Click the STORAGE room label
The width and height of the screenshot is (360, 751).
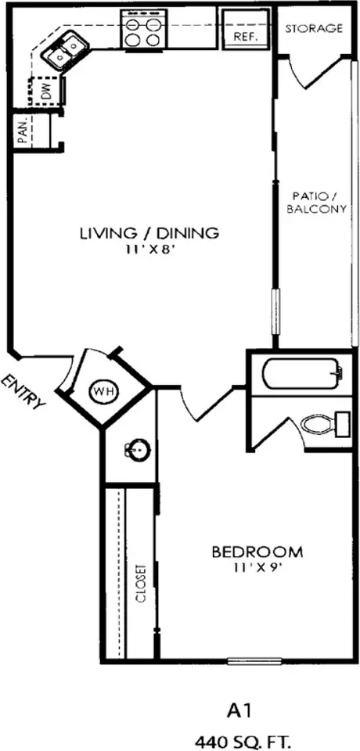pos(314,28)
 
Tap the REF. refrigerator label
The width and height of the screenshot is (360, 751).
pos(246,36)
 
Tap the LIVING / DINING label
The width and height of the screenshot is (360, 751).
pos(149,233)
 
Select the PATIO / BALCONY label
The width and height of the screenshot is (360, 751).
pos(319,203)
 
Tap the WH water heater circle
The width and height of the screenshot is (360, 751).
pos(104,391)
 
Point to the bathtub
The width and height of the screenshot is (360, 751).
pos(301,373)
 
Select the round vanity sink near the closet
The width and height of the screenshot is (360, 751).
pos(137,450)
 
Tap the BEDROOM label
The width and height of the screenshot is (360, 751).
pos(257,552)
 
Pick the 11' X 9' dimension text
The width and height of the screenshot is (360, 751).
pos(257,568)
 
